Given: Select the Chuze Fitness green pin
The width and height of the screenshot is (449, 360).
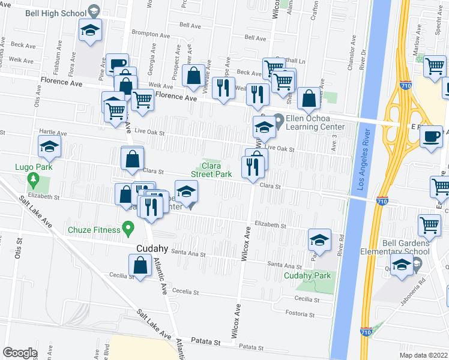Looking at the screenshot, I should point(127,227).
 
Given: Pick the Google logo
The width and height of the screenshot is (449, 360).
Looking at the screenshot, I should point(20,353).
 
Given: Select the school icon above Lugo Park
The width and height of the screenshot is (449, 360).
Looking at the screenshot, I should point(49,145).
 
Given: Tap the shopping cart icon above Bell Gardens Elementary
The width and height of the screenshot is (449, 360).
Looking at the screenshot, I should point(430,225).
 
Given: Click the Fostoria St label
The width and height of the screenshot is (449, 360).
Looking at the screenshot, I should point(300,314).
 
